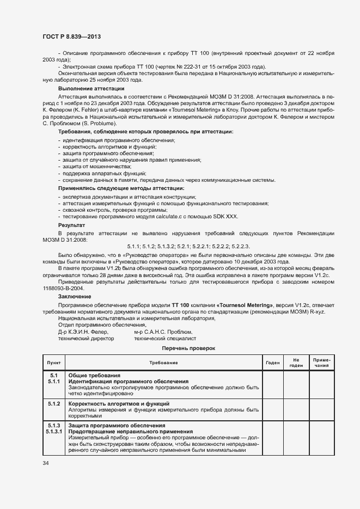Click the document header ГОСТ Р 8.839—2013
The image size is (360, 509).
point(71,36)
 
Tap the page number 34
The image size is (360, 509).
point(46,463)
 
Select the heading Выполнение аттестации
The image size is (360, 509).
point(91,88)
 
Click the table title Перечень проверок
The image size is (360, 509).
point(188,347)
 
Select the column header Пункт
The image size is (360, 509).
point(54,362)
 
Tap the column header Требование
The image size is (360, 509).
point(163,362)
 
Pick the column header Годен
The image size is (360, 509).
point(272,362)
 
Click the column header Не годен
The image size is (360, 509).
point(296,362)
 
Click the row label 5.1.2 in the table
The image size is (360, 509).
point(54,403)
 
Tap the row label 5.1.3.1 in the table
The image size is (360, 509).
point(54,431)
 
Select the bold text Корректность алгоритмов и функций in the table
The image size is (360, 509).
point(118,403)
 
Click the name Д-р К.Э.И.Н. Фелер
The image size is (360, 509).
point(83,331)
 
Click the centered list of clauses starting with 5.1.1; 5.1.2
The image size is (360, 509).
point(188,247)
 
